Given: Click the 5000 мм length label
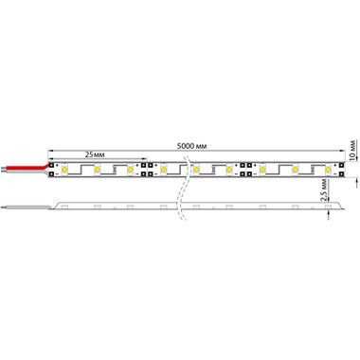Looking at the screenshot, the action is coord(192,146).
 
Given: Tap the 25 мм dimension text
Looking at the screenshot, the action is coord(95,154).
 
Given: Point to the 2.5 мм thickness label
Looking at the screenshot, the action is coord(323,189).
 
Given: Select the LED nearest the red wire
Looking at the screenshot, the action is coord(64,170).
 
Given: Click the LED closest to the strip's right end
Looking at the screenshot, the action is coord(328,170).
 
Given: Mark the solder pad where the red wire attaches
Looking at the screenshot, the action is coord(51,165).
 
